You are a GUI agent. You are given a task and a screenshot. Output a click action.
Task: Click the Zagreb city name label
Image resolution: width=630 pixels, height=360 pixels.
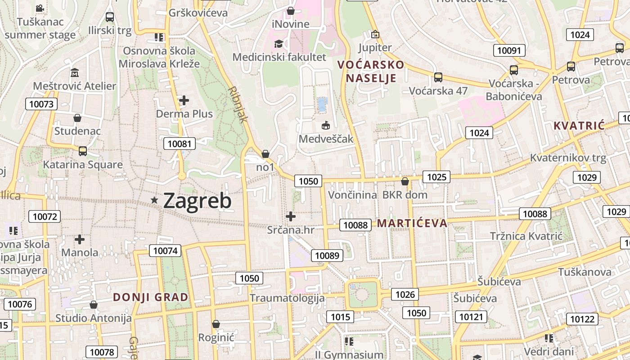(x=197, y=201)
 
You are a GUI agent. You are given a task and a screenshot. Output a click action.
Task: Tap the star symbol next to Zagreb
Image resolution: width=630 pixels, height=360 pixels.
(x=154, y=200)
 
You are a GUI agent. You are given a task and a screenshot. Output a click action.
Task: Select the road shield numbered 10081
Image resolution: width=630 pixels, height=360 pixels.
(x=180, y=144)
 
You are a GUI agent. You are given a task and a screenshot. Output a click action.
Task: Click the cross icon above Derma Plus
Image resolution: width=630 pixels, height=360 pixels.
(x=184, y=100)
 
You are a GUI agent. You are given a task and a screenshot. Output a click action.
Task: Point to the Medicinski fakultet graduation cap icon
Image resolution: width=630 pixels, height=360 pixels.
(x=279, y=44)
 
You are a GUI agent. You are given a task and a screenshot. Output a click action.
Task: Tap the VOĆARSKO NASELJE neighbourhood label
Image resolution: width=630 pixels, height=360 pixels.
(x=371, y=72)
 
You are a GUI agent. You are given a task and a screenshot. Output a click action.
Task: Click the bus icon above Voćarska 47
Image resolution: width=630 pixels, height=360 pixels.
(x=438, y=77)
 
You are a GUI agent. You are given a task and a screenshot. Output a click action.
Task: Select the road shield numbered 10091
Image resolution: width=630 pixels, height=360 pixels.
(x=509, y=50)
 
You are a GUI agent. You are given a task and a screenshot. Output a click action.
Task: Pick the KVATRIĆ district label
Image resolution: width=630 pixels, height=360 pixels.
(x=579, y=126)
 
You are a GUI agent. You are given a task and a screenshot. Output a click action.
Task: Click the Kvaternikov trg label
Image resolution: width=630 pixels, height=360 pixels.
(x=568, y=158)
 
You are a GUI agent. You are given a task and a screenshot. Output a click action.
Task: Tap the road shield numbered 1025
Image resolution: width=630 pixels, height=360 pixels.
(x=436, y=177)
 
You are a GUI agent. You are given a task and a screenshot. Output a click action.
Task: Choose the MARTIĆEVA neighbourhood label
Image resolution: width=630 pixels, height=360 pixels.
(x=412, y=223)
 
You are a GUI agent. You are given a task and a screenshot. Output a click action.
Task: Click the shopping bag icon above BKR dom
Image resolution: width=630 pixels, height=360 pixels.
(x=405, y=181)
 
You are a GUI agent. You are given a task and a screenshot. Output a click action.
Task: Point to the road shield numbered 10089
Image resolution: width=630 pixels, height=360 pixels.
(x=327, y=256)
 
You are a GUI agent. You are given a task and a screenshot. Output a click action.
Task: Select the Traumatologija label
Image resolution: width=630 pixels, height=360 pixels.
(x=287, y=298)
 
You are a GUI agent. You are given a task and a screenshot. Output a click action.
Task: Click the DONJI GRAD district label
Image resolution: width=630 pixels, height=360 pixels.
(x=150, y=297)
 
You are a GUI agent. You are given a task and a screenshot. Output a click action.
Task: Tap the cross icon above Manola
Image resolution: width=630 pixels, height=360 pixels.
(x=80, y=239)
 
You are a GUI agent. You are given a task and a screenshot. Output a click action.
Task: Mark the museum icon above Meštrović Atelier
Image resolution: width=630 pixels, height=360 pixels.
(x=75, y=72)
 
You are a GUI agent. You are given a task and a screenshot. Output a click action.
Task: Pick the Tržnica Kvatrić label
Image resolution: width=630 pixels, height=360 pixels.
(x=526, y=236)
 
